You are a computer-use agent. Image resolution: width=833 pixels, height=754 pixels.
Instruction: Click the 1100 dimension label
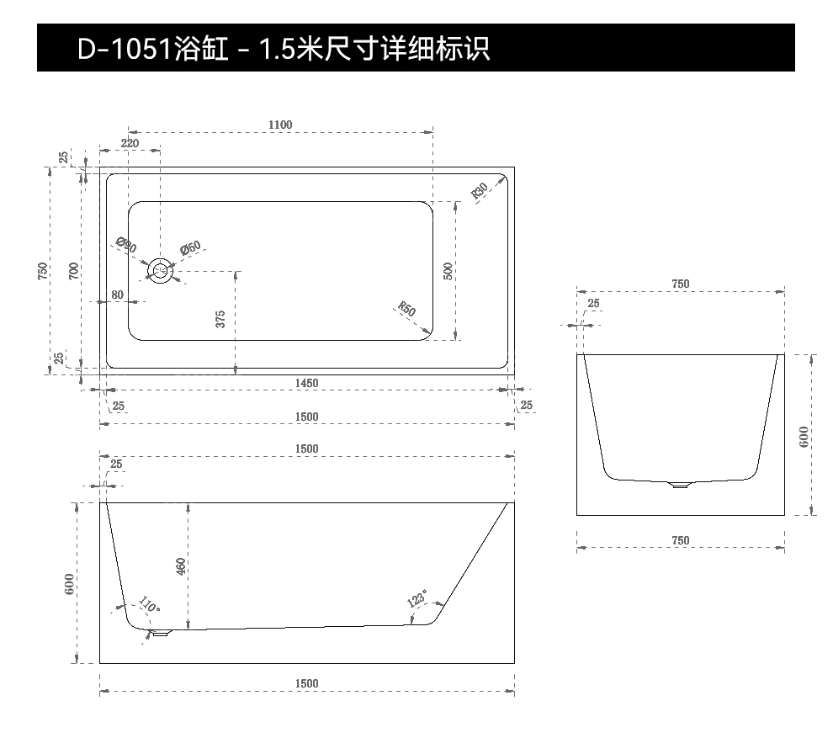click(280, 125)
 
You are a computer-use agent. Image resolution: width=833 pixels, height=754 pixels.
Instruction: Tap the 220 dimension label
click(130, 143)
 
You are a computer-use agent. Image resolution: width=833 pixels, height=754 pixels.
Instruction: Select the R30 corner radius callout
click(480, 192)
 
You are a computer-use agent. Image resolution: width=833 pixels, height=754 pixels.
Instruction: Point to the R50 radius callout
click(406, 309)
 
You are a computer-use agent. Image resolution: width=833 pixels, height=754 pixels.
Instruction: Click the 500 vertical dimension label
click(448, 271)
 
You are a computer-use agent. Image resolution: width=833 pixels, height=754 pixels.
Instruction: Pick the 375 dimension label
click(220, 318)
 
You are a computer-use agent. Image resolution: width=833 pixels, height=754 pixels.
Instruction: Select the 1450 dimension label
click(306, 383)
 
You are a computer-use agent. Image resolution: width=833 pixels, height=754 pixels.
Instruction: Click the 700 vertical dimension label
click(74, 270)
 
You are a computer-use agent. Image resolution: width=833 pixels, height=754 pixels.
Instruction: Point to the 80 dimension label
click(117, 295)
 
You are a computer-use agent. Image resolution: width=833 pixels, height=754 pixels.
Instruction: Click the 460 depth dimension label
click(181, 566)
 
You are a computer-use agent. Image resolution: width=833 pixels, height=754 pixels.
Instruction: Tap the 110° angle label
click(149, 605)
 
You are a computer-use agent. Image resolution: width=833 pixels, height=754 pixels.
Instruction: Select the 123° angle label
click(416, 599)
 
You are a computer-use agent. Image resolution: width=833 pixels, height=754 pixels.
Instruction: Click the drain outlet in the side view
click(160, 633)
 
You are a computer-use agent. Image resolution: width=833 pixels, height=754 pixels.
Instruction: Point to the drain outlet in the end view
click(679, 484)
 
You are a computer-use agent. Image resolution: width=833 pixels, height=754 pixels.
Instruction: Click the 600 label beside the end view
click(804, 437)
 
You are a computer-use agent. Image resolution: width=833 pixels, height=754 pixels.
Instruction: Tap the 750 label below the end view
click(680, 541)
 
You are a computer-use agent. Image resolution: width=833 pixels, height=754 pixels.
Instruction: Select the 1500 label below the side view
click(307, 683)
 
